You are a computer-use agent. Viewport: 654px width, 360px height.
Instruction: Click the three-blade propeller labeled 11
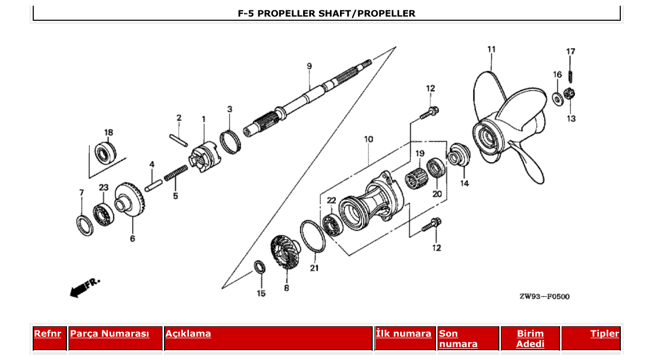(x=506, y=130)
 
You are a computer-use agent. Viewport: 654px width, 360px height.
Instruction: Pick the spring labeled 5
(x=176, y=173)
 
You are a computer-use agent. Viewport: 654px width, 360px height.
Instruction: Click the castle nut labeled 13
(x=568, y=95)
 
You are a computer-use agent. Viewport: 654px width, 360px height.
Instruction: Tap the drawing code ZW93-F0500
(x=544, y=297)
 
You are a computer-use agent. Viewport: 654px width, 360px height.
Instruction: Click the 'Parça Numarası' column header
(x=110, y=334)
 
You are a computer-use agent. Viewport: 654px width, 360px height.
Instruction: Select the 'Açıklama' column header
(x=188, y=334)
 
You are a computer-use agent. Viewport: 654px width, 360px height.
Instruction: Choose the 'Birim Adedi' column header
(x=530, y=339)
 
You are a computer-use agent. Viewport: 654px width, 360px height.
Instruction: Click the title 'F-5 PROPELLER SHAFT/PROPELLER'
(x=326, y=13)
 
